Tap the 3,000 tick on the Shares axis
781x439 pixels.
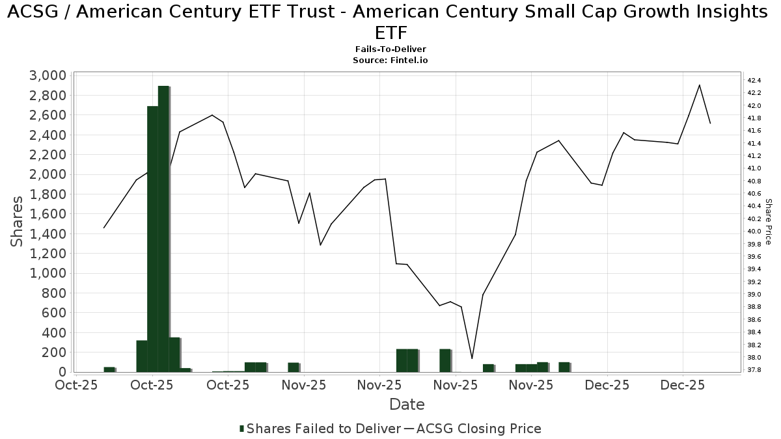point(47,75)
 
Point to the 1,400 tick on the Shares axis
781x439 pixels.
point(47,233)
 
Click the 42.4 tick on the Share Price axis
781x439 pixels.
point(754,80)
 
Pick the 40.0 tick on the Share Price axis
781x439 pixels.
point(754,232)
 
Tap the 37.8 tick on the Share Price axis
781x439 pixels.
point(754,370)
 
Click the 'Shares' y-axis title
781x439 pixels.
point(18,221)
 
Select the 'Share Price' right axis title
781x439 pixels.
point(769,222)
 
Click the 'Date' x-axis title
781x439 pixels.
point(407,405)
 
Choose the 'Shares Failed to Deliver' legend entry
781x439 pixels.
point(320,429)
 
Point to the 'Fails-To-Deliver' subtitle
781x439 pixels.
point(390,49)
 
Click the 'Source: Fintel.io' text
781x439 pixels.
point(390,60)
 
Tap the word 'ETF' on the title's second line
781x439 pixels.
point(390,33)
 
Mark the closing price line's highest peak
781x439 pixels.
point(699,85)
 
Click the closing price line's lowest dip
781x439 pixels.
point(472,358)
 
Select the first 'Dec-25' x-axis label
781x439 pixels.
point(607,385)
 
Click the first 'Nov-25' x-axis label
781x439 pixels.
point(304,385)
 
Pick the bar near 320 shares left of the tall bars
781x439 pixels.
point(141,356)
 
